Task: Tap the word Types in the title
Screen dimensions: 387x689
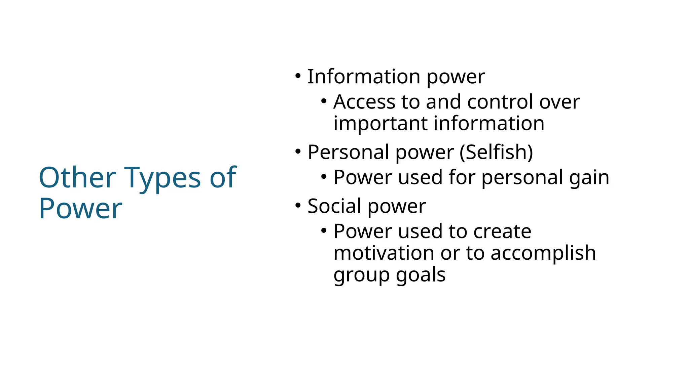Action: [163, 179]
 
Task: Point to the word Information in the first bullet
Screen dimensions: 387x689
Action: [364, 77]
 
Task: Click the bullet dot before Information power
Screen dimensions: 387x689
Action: [298, 76]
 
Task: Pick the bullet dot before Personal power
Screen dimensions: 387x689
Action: [298, 151]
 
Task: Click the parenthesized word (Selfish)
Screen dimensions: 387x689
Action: [496, 152]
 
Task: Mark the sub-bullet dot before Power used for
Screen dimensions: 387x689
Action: [324, 177]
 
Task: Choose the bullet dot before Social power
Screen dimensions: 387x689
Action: [298, 205]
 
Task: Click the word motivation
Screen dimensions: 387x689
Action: [384, 253]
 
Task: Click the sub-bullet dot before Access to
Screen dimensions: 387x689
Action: [324, 101]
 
